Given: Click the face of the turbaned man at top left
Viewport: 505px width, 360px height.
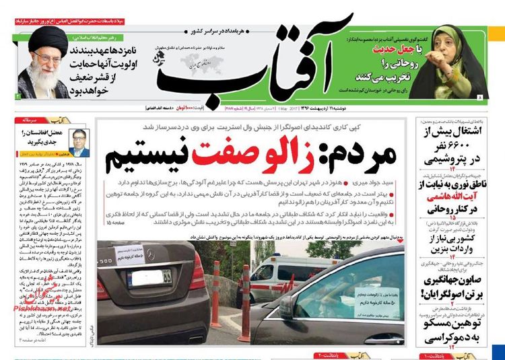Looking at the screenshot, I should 46,50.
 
